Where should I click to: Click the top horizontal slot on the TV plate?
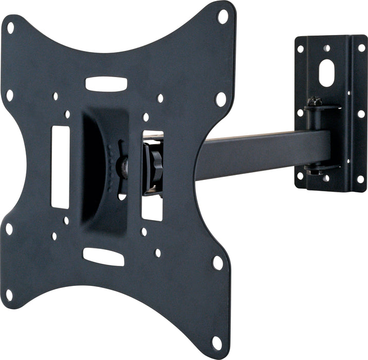coord(106,84)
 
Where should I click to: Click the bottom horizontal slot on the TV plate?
coord(104,257)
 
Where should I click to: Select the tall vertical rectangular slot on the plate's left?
coord(60,167)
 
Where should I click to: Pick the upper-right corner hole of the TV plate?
coord(223,16)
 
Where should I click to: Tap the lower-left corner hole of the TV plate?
coord(9,295)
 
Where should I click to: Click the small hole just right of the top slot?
coord(160,98)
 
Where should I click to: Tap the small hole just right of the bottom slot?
coord(157,253)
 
